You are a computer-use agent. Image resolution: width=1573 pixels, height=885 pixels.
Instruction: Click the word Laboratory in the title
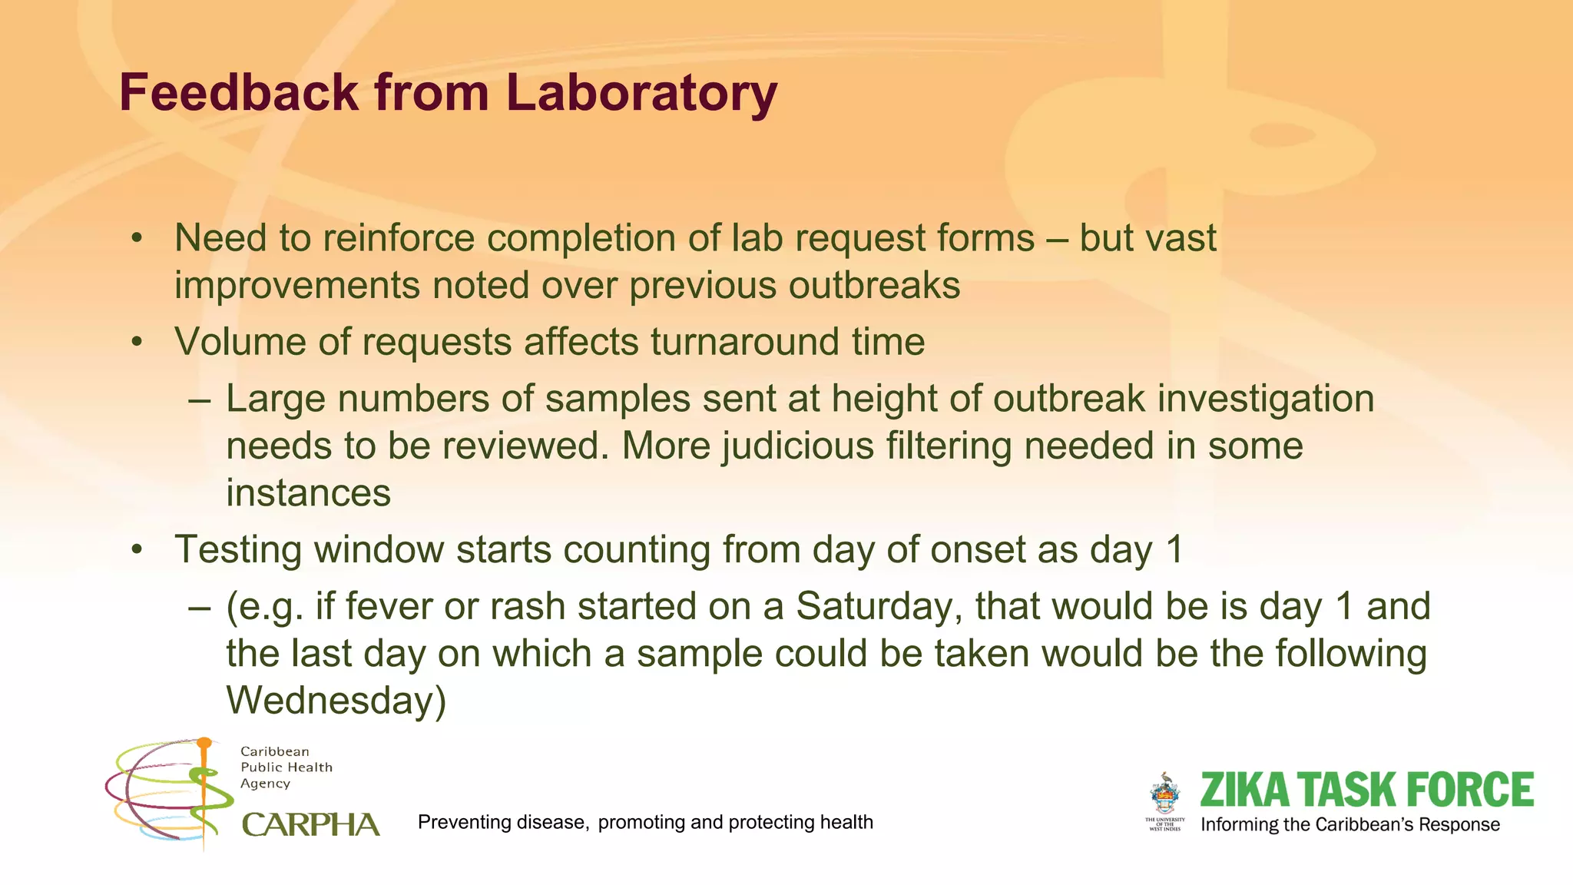(641, 92)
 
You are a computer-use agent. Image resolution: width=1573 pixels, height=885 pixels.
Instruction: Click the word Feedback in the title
(239, 92)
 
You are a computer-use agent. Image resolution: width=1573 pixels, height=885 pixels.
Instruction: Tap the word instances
(308, 493)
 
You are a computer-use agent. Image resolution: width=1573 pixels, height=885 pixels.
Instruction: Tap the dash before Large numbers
(199, 399)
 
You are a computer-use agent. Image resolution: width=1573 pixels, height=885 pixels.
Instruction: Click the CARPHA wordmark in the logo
(310, 825)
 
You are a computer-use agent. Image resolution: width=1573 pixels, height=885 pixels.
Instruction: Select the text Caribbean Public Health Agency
(286, 767)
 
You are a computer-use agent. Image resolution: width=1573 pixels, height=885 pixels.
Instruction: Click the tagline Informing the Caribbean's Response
(1349, 825)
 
